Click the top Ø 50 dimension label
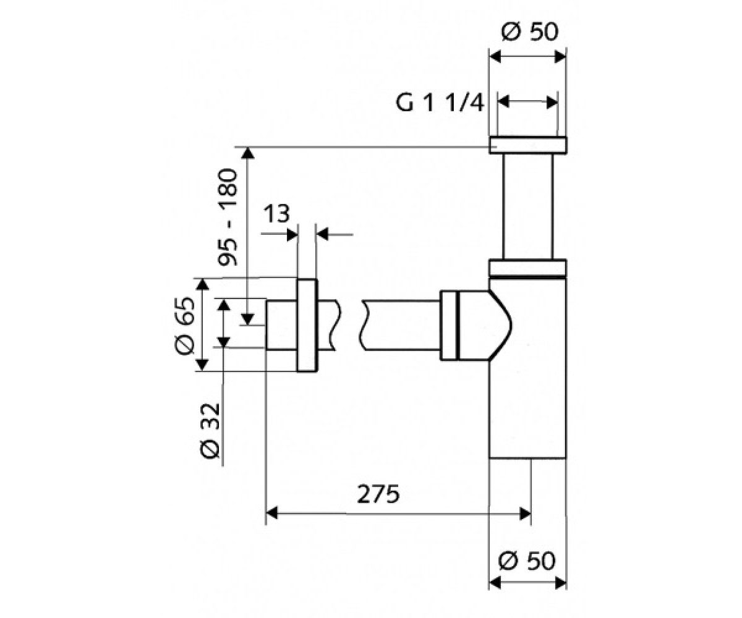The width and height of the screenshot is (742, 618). coord(530,32)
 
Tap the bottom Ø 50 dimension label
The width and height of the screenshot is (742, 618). coord(527,561)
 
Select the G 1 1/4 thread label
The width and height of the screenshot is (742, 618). coord(440,103)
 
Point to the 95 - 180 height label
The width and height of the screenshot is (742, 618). coord(227,218)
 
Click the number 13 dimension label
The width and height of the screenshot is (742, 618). coord(276,213)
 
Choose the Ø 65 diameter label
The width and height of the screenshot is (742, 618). coord(185,326)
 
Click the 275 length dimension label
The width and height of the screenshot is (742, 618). coord(378,494)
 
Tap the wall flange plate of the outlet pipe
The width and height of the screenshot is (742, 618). coord(307,325)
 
